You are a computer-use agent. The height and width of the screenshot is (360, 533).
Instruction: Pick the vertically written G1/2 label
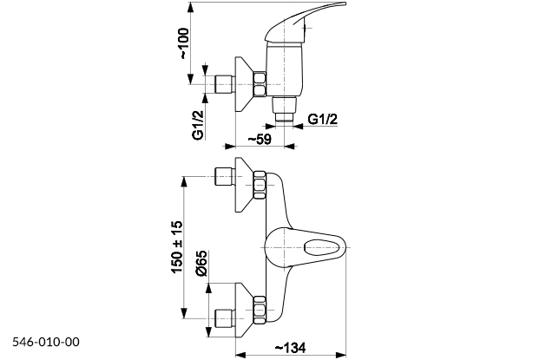[198, 123]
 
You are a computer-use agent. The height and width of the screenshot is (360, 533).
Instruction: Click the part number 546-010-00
[46, 343]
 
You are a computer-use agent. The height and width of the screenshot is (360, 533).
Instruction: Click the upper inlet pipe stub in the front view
[224, 178]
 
